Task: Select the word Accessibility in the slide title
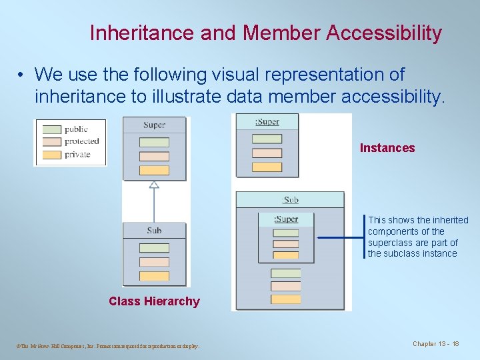point(384,33)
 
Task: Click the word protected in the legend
point(81,141)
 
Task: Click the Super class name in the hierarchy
point(154,125)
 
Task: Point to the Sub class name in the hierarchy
point(154,231)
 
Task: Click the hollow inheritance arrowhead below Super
point(154,184)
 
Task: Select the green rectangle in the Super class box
point(154,142)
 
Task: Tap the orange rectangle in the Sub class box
point(154,275)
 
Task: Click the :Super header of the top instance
point(267,122)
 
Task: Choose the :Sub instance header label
point(290,199)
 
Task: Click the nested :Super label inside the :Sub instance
point(286,219)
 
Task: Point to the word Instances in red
point(387,148)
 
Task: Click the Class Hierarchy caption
point(154,301)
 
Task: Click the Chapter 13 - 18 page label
point(436,344)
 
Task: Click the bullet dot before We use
point(22,74)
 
